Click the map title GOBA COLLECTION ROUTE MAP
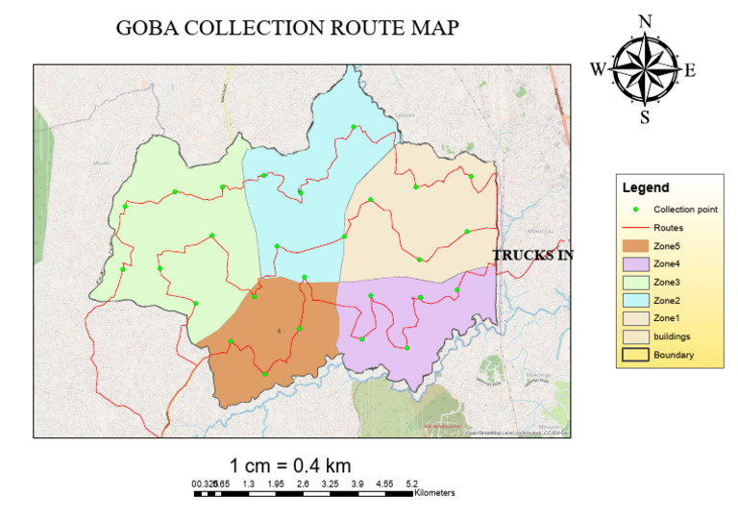coord(287,28)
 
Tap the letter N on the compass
coord(646,22)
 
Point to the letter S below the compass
coord(645,118)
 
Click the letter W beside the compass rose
coord(598,69)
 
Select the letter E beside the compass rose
coord(690,69)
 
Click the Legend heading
coord(646,187)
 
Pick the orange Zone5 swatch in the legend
coord(632,246)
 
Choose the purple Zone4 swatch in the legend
coord(632,264)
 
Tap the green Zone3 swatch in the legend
coord(632,283)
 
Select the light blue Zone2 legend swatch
coord(632,301)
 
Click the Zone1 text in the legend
coord(667,319)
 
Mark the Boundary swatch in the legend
coord(632,356)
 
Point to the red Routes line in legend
coord(632,228)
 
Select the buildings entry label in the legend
coord(672,337)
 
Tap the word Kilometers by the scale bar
coord(434,493)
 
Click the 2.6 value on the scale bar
coord(303,484)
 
